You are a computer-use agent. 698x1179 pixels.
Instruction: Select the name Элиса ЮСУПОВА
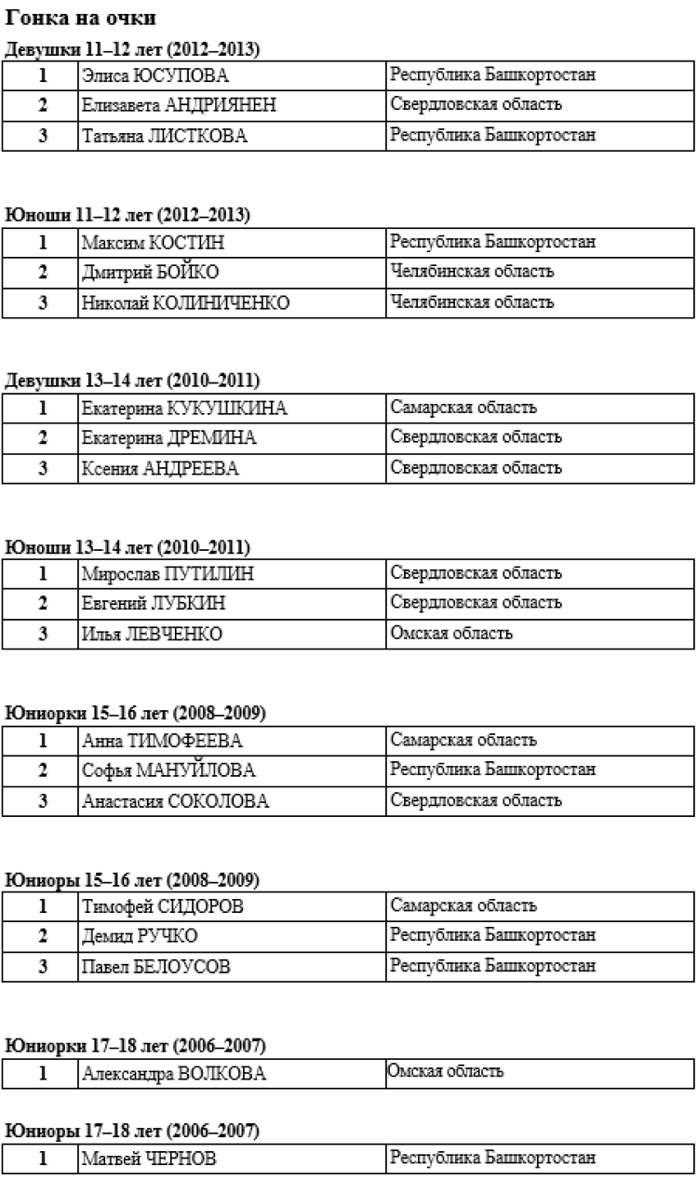click(155, 75)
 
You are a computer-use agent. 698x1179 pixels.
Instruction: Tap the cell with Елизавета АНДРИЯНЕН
click(179, 106)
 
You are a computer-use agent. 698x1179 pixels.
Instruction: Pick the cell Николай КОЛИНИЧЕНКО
click(185, 303)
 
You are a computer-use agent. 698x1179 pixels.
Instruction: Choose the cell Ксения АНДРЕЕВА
click(160, 469)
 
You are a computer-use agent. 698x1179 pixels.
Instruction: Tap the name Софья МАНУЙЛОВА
click(168, 770)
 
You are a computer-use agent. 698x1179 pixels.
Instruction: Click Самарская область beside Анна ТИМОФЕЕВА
click(463, 740)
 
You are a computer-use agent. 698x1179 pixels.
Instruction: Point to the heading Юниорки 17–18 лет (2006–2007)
click(132, 1046)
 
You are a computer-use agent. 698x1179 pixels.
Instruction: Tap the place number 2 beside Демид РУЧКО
click(42, 936)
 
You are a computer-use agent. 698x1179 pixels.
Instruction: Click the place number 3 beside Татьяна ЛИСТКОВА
click(42, 136)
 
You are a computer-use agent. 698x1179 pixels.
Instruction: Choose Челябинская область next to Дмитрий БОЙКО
click(473, 272)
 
